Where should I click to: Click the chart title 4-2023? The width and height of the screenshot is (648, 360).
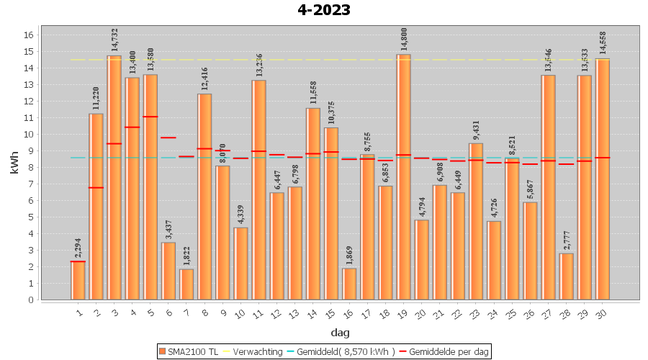[x=324, y=10]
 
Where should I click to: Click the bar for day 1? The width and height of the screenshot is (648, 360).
[x=78, y=281]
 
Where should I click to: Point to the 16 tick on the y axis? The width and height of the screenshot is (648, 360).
[x=29, y=35]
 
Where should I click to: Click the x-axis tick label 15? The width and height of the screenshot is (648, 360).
[x=330, y=312]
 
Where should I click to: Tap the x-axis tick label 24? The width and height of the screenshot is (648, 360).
[x=493, y=312]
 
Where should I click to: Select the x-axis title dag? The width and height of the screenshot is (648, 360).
[x=340, y=332]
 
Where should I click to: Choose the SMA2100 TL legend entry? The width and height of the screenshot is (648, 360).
[x=189, y=351]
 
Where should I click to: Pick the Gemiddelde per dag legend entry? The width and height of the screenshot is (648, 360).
[x=446, y=351]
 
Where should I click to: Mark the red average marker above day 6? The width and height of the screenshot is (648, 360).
[x=168, y=138]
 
